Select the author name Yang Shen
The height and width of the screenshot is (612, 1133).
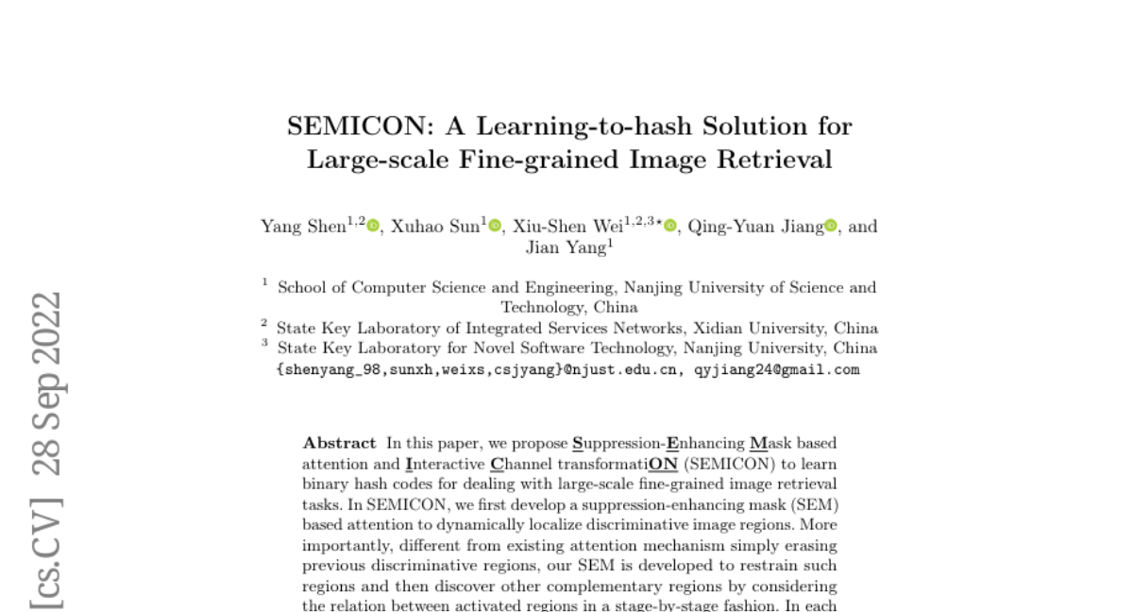coord(302,228)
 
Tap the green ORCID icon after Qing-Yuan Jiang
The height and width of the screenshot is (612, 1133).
coord(831,226)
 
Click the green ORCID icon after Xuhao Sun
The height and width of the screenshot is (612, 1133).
coord(495,226)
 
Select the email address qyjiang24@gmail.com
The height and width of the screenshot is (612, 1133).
coord(777,370)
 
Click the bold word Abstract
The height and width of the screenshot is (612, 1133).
coord(339,443)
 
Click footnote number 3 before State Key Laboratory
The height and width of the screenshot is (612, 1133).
coord(264,345)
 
